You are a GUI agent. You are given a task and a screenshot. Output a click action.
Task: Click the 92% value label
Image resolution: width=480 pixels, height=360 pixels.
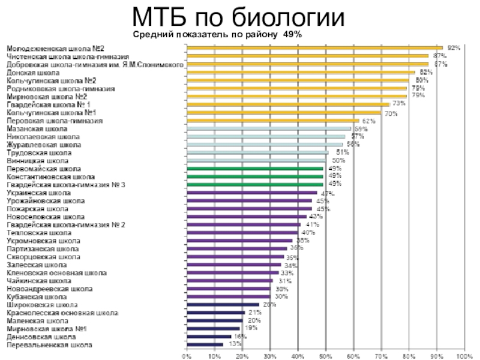pos(454,47)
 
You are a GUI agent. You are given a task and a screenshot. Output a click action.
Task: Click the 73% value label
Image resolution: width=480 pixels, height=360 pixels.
pos(399,103)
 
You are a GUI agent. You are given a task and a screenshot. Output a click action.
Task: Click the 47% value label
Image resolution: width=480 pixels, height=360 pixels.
pos(328,194)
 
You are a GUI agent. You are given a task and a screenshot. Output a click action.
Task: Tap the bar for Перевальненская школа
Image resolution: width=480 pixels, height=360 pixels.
pos(204,345)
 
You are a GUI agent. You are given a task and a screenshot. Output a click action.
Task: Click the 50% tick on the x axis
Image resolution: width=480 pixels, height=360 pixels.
pos(325,356)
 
